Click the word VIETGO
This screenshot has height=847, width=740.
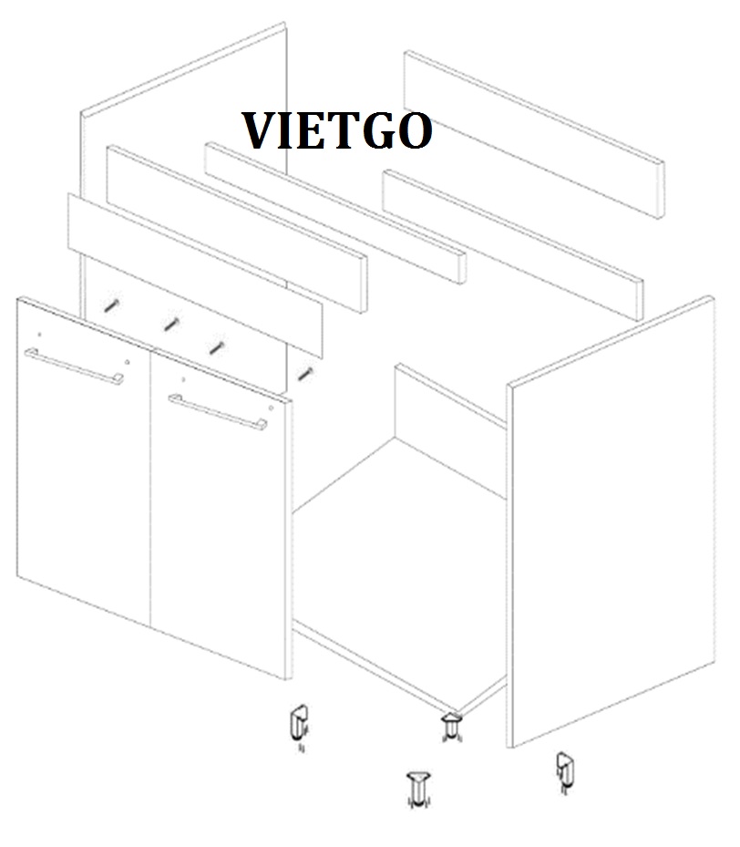tap(337, 130)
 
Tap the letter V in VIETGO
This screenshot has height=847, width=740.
tap(258, 130)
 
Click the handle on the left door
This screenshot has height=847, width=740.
tap(74, 367)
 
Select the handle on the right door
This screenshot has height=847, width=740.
tap(218, 412)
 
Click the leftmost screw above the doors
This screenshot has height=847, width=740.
tap(112, 305)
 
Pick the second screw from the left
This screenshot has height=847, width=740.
tap(171, 324)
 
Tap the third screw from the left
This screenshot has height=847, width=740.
tap(217, 347)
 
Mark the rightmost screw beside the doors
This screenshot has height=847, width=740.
tap(305, 373)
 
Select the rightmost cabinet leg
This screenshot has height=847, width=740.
tap(565, 772)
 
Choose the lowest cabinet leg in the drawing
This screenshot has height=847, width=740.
tap(418, 790)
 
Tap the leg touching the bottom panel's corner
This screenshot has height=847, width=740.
tap(451, 727)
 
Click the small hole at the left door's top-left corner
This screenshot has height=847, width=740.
tap(39, 335)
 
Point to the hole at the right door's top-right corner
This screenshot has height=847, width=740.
tap(271, 408)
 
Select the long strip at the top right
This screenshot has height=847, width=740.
tap(534, 135)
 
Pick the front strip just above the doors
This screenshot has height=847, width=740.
tap(195, 275)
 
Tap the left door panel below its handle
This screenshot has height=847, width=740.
tap(84, 486)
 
